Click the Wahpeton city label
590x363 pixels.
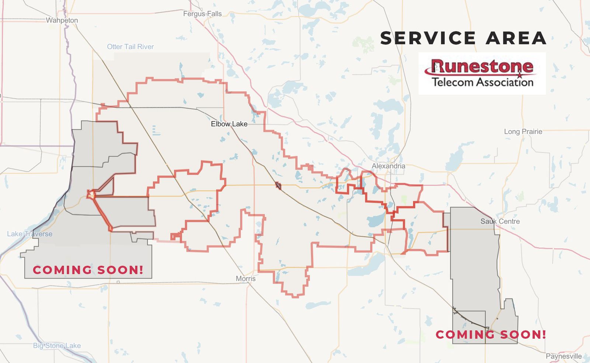[x=62, y=20]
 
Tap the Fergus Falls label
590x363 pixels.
[x=202, y=14]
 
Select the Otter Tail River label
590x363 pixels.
[x=130, y=47]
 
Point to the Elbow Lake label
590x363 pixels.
[x=229, y=124]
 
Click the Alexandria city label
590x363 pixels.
[x=388, y=166]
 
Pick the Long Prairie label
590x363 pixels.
[x=523, y=132]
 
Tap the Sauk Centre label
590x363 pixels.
[x=500, y=221]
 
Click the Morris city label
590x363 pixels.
[x=246, y=279]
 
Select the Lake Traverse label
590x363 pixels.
[x=29, y=234]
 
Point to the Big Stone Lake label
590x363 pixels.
[x=57, y=345]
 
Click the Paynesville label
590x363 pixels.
[x=563, y=356]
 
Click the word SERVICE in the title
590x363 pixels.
[x=428, y=38]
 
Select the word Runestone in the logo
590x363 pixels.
[x=483, y=66]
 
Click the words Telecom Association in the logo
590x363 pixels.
[x=483, y=81]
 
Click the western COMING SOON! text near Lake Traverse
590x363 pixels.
[x=88, y=270]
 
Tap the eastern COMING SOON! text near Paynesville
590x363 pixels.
[x=491, y=335]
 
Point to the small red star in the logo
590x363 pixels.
[x=520, y=75]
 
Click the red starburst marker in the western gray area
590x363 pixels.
[x=90, y=194]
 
